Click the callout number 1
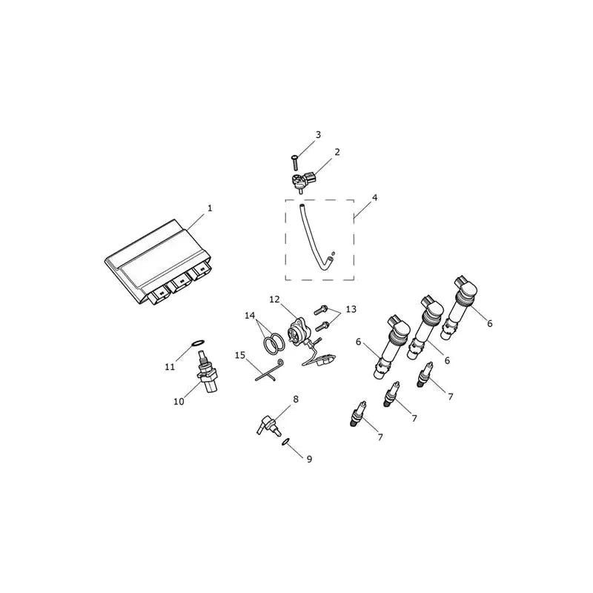tap(210, 208)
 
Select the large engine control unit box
tap(158, 262)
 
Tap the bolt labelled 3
tap(294, 162)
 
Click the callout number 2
tap(337, 152)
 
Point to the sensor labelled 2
tap(304, 181)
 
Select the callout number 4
tap(374, 198)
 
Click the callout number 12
tap(274, 299)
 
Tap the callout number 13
tap(351, 309)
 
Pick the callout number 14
tap(250, 316)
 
